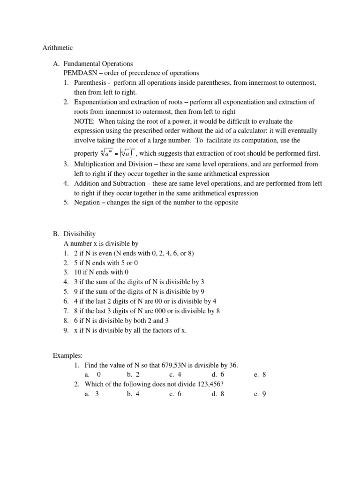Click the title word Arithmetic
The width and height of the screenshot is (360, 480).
(58, 47)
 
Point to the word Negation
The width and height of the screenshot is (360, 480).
(89, 202)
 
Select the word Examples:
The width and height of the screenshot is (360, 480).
(67, 356)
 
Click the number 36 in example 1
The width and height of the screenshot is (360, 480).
(238, 365)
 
